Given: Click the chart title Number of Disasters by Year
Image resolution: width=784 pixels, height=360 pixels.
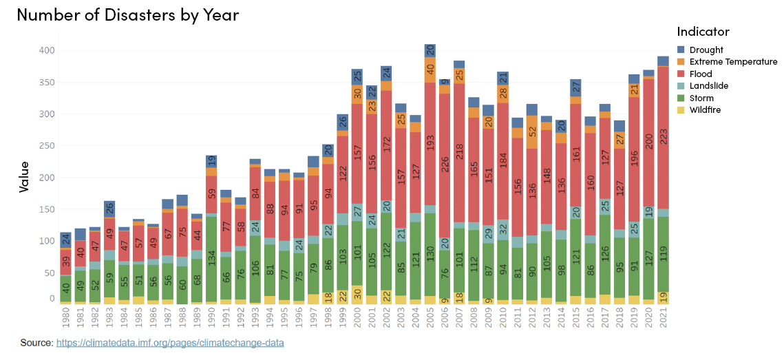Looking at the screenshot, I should pyautogui.click(x=127, y=15).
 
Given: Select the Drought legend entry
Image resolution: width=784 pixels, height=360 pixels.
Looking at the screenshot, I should pyautogui.click(x=705, y=50).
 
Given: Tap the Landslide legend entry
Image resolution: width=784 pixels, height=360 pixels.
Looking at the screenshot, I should pyautogui.click(x=708, y=86).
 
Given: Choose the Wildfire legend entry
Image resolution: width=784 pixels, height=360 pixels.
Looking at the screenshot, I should pyautogui.click(x=706, y=109).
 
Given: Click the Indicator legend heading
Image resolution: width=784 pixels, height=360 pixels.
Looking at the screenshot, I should pyautogui.click(x=703, y=32).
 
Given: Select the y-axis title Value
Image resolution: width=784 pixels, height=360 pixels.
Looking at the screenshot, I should pyautogui.click(x=24, y=177).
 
